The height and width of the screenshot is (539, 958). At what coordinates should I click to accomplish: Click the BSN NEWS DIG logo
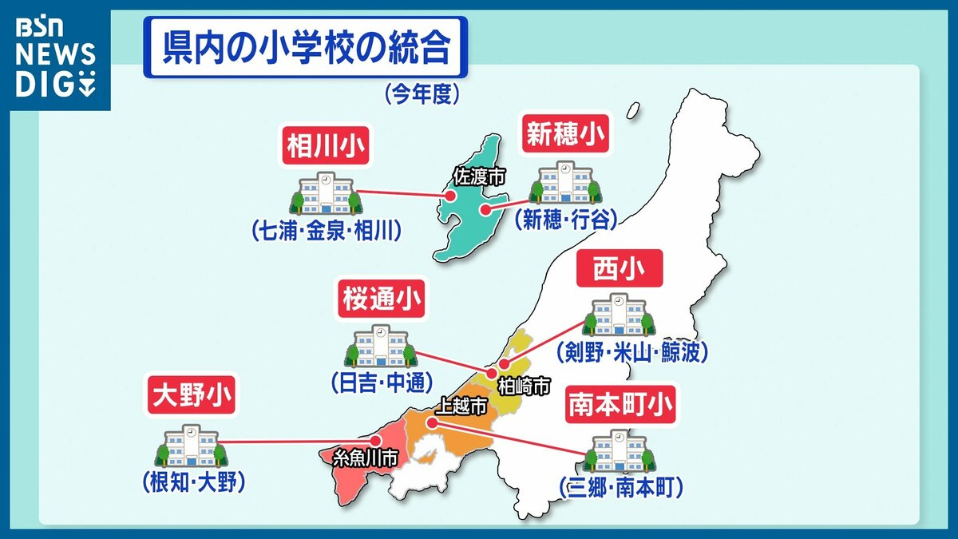tap(56, 56)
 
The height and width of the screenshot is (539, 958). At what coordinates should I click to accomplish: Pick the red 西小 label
tap(620, 272)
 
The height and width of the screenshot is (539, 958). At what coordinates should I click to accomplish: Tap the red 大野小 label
tap(186, 395)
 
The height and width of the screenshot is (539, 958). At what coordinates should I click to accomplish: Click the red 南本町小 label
tap(620, 405)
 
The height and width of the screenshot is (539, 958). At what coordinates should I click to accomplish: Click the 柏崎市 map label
tap(523, 387)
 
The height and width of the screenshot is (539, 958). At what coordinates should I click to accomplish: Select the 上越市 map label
tap(459, 406)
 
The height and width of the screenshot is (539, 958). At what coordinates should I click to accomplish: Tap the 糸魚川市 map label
tap(365, 458)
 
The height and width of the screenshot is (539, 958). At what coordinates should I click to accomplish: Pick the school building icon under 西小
tap(620, 316)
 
